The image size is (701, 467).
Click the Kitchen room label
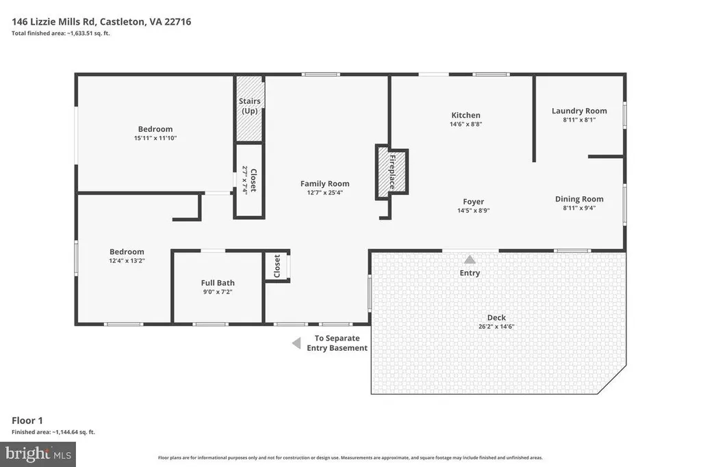[466, 115]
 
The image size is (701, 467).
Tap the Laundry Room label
[579, 111]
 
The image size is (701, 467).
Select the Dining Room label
[579, 199]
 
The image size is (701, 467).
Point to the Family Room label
[324, 183]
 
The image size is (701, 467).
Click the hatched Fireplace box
[392, 172]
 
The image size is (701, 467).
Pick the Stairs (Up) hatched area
[249, 109]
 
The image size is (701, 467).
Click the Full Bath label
[218, 282]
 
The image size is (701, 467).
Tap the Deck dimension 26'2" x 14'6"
[496, 326]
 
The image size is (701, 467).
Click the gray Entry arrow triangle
[470, 259]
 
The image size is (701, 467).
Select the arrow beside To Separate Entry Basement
[296, 343]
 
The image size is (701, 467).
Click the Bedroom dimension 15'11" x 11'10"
[155, 138]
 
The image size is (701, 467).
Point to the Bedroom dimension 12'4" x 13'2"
[127, 261]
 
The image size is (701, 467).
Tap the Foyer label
[474, 202]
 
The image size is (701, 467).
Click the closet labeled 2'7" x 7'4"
[249, 181]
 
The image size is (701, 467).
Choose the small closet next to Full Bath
[277, 266]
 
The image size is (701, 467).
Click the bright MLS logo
[38, 455]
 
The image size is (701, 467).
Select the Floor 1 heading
[27, 420]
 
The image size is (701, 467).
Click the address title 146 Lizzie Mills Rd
[53, 21]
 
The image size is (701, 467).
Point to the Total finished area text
[61, 33]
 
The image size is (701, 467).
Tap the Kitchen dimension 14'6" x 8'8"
[466, 124]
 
